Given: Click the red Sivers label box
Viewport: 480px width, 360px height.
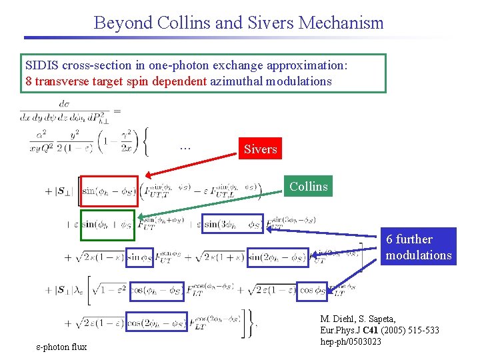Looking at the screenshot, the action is [x=260, y=149].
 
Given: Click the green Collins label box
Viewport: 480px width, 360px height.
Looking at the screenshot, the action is [x=308, y=186].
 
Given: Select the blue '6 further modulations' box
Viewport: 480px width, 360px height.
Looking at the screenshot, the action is [x=419, y=247].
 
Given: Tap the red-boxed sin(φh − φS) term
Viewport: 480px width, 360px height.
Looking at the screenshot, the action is [x=109, y=191].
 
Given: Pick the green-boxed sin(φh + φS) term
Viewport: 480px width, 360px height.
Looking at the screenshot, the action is [x=107, y=224].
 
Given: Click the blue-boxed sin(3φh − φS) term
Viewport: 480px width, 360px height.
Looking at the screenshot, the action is [x=233, y=224].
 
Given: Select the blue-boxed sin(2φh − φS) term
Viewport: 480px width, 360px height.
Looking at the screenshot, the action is [x=278, y=257].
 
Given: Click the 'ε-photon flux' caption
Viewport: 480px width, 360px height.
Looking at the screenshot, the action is [x=61, y=346].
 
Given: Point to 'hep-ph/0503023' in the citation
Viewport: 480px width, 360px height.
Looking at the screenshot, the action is [x=351, y=341].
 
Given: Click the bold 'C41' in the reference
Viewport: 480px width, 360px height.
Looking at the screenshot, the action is [x=372, y=331].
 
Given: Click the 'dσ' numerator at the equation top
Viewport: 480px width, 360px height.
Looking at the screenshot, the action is [x=65, y=103].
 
